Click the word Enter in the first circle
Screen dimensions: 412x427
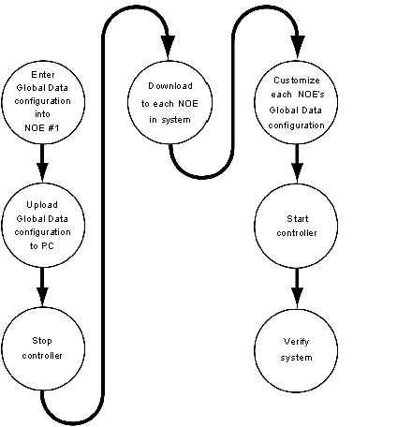(x=43, y=75)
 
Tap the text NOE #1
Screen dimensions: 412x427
(x=42, y=127)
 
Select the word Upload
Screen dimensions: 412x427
(x=42, y=205)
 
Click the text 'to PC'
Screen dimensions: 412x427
(x=42, y=246)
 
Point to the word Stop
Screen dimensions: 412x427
(x=42, y=341)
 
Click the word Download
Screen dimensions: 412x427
(x=170, y=86)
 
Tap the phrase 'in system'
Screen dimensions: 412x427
(x=169, y=120)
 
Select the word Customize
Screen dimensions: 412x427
(x=297, y=81)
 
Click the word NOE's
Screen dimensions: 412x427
(x=311, y=95)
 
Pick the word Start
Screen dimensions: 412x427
(x=298, y=219)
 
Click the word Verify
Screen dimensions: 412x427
(x=296, y=342)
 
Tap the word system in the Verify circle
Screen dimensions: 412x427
(x=296, y=358)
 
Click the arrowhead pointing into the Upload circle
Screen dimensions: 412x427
(x=42, y=172)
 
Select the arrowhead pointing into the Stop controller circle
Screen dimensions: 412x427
(x=42, y=297)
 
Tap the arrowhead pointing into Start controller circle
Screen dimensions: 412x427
(x=297, y=172)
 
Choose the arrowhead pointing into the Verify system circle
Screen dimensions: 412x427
(x=297, y=297)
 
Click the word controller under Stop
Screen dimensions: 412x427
(x=42, y=356)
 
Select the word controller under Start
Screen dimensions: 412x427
(x=297, y=233)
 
